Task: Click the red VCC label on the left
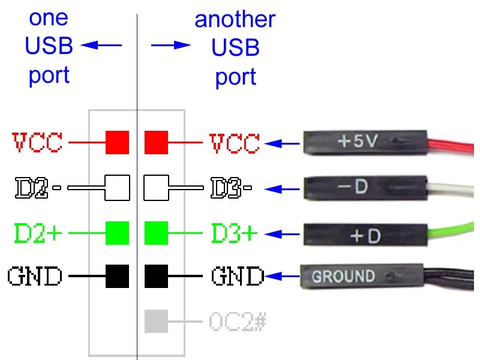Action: click(37, 143)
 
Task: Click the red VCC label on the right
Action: click(235, 143)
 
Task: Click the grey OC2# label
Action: click(238, 322)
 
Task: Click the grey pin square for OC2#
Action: click(156, 321)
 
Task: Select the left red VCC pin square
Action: click(118, 143)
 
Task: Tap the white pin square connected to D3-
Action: click(156, 188)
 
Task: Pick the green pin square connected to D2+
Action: click(118, 232)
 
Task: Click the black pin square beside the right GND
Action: click(156, 277)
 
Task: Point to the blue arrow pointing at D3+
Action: click(283, 233)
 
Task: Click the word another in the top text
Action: click(235, 19)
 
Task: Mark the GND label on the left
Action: click(35, 277)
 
